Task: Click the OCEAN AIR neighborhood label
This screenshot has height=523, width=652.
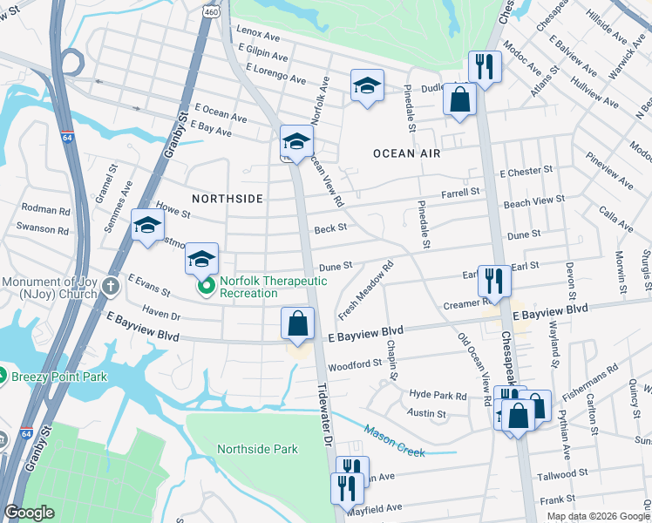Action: [x=406, y=153]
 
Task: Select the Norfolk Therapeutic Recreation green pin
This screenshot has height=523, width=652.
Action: [x=207, y=286]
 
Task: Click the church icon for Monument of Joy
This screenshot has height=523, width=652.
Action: [x=110, y=286]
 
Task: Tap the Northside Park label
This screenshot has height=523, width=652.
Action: [x=257, y=449]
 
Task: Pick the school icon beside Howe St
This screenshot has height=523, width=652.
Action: [x=146, y=226]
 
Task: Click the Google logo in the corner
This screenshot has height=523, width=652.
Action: [x=30, y=513]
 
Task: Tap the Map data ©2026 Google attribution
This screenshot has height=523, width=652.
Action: [x=598, y=516]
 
